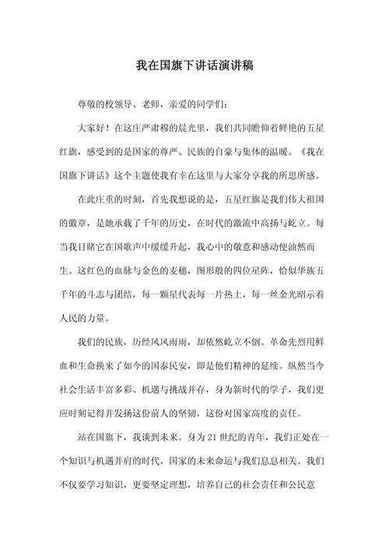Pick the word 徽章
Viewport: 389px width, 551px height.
pyautogui.click(x=75, y=221)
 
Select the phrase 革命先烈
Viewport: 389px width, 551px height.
pyautogui.click(x=266, y=341)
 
